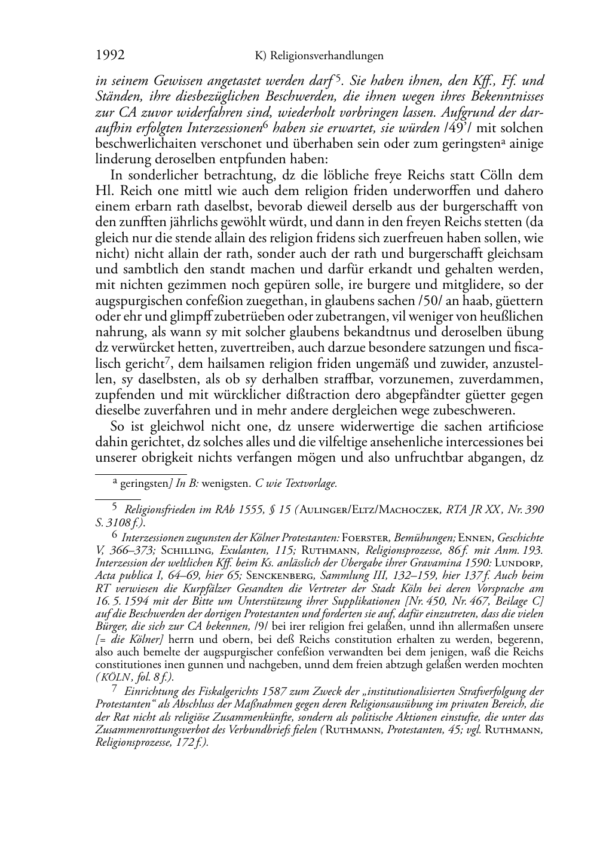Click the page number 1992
click(110, 56)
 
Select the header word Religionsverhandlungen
click(326, 56)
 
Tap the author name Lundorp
click(522, 563)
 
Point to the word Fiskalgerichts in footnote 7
click(206, 691)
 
